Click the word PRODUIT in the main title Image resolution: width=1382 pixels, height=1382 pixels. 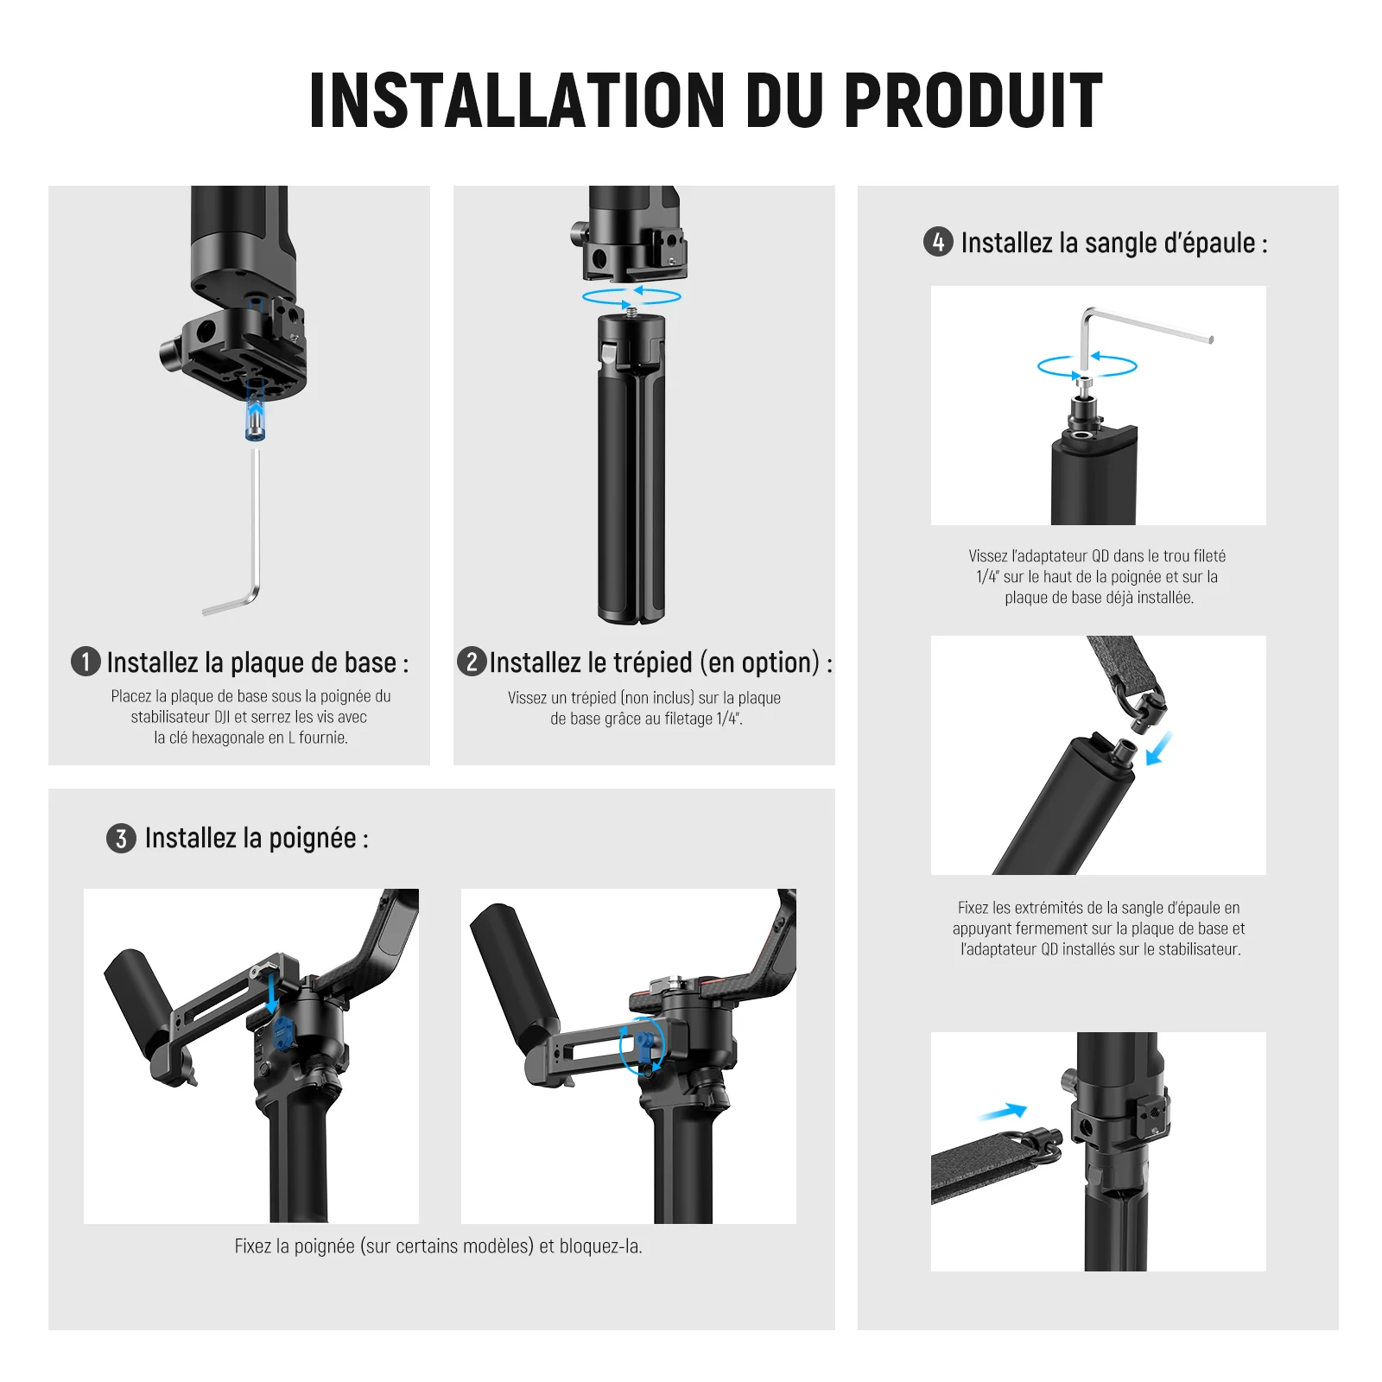pyautogui.click(x=973, y=100)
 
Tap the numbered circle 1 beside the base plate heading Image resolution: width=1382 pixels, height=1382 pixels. pyautogui.click(x=86, y=662)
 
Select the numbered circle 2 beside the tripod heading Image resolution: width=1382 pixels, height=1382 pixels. pyautogui.click(x=472, y=662)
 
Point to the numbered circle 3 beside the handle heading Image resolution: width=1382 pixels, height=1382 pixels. pyautogui.click(x=121, y=838)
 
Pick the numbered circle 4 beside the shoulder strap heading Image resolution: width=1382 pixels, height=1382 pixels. pyautogui.click(x=938, y=242)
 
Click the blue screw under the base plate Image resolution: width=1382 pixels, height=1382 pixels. pyautogui.click(x=255, y=411)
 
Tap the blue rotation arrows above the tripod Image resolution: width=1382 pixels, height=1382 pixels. pyautogui.click(x=631, y=296)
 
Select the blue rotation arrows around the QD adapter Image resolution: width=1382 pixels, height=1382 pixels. pyautogui.click(x=1087, y=366)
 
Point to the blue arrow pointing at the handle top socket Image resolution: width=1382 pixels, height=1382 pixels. pyautogui.click(x=1158, y=748)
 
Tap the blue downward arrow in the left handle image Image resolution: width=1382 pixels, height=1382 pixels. pyautogui.click(x=272, y=993)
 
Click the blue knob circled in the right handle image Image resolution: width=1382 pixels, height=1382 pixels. pyautogui.click(x=645, y=1043)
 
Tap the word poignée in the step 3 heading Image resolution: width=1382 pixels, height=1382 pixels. pyautogui.click(x=312, y=838)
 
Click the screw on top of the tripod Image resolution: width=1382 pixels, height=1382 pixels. pyautogui.click(x=631, y=310)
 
